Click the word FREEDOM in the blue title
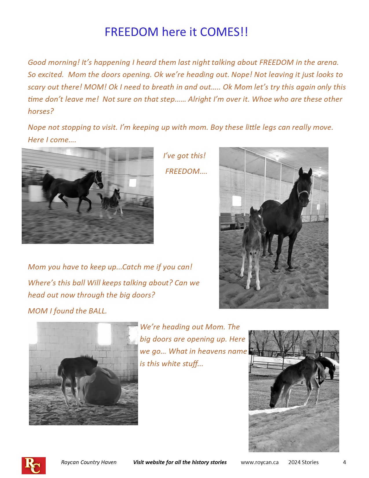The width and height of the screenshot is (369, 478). click(131, 32)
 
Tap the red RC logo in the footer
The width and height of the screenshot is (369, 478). click(34, 466)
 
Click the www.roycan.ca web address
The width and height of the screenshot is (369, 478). click(260, 462)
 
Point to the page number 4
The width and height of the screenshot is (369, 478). click(344, 462)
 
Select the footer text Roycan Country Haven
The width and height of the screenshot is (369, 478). click(89, 462)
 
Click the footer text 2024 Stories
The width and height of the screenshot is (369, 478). click(303, 462)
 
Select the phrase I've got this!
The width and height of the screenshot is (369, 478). click(184, 156)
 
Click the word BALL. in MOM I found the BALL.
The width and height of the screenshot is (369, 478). click(98, 311)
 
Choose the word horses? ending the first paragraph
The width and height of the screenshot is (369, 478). click(41, 112)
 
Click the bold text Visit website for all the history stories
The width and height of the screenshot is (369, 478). click(180, 462)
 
